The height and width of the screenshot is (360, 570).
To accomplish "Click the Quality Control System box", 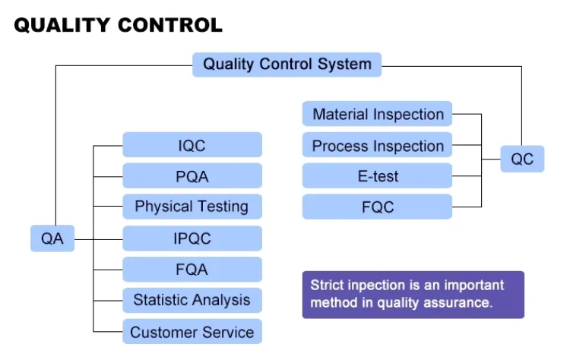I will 287,64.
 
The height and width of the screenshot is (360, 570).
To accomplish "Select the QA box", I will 52,238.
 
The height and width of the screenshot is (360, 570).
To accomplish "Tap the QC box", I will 522,159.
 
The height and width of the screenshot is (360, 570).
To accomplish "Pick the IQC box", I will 192,144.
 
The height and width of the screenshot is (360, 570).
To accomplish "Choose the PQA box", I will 192,176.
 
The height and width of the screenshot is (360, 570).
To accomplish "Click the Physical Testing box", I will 192,207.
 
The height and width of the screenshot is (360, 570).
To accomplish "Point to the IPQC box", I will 192,238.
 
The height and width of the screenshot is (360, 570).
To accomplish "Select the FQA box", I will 192,270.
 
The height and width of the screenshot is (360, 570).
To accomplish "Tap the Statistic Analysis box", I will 192,300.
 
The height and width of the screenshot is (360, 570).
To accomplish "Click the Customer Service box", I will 192,332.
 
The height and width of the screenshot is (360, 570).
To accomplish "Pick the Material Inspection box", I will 378,115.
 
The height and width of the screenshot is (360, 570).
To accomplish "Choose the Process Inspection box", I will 378,146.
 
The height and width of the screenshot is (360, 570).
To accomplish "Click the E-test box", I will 378,176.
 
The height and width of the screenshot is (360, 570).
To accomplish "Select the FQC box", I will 378,207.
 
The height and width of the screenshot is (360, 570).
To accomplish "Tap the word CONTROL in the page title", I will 170,25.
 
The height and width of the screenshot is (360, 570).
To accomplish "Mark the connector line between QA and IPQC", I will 99,238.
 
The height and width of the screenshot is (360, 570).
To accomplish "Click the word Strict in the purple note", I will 327,286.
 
